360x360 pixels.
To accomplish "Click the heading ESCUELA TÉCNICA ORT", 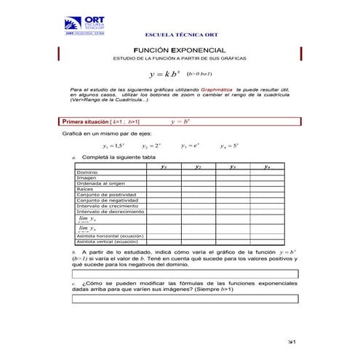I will pos(179,35).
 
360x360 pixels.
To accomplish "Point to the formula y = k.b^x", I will pos(164,74).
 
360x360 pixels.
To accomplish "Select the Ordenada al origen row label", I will pos(97,184).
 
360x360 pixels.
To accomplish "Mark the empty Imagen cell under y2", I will pos(198,178).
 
